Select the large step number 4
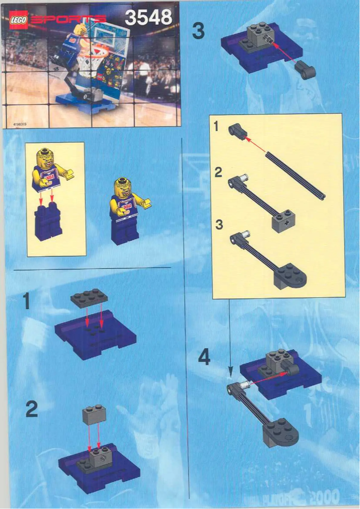[205, 358]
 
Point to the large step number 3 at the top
[198, 32]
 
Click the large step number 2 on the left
[31, 410]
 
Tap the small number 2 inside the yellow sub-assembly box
[218, 173]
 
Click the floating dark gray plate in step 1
[89, 298]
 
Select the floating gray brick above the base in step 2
[94, 416]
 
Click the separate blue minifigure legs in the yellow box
[48, 222]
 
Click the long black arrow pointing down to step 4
[230, 337]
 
